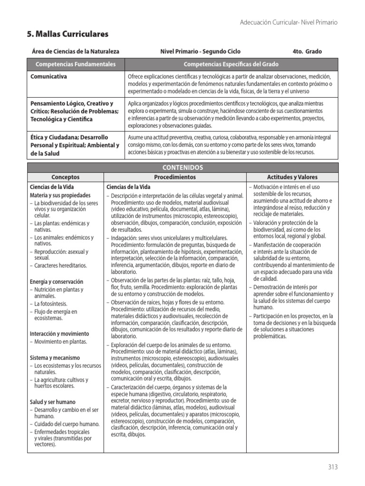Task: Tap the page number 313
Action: pos(333,467)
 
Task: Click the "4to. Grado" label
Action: pos(307,51)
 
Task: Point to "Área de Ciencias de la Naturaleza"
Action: pos(75,51)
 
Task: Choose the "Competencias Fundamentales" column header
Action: pos(76,64)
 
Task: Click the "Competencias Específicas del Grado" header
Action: pos(231,64)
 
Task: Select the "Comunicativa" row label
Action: pos(48,76)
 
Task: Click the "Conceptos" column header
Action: pos(66,177)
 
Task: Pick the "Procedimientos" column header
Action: pos(174,177)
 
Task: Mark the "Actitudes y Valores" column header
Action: pos(292,177)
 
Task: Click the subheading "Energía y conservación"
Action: pos(56,281)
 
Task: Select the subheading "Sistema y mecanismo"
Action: pos(55,357)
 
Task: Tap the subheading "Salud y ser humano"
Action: pos(53,402)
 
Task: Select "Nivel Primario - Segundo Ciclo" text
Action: pos(200,51)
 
